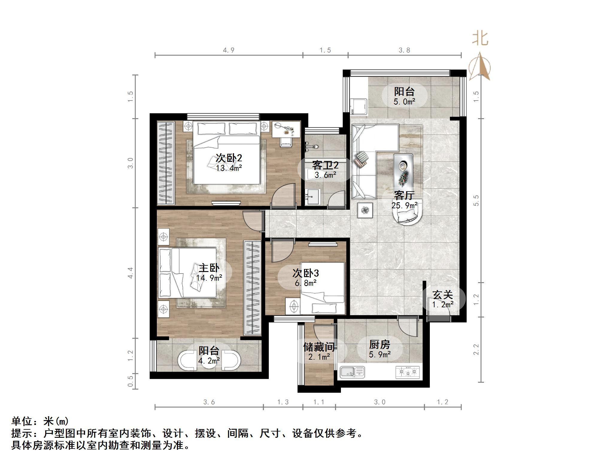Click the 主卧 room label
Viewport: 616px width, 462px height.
click(209, 268)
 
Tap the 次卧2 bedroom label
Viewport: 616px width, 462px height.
click(229, 158)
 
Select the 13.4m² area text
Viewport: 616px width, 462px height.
click(229, 168)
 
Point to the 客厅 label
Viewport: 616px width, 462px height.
click(404, 195)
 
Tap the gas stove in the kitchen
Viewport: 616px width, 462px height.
click(407, 372)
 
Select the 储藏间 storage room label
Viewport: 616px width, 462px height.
click(319, 347)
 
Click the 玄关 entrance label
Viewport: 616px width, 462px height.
click(443, 295)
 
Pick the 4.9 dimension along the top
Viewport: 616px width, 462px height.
click(229, 50)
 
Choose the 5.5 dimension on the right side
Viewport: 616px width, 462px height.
click(476, 200)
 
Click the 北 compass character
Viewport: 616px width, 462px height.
click(480, 39)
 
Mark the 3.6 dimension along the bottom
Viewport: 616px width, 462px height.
click(209, 402)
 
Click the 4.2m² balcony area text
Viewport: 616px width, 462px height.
click(209, 361)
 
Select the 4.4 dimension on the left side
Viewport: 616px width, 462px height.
click(130, 273)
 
